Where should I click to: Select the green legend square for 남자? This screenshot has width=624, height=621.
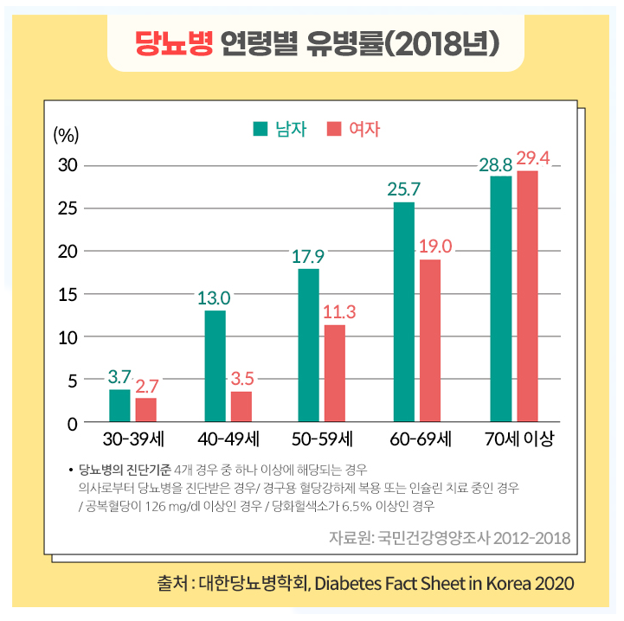261,130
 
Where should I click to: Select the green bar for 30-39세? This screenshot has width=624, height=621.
119,406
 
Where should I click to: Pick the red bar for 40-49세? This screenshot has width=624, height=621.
241,407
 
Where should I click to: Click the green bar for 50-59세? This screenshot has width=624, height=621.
309,345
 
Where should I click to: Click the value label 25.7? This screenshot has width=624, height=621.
404,189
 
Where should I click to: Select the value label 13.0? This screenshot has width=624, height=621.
214,298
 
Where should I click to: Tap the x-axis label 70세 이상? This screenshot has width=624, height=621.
518,439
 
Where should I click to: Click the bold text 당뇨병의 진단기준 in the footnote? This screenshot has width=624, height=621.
125,471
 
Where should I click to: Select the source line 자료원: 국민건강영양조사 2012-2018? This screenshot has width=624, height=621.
449,538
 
